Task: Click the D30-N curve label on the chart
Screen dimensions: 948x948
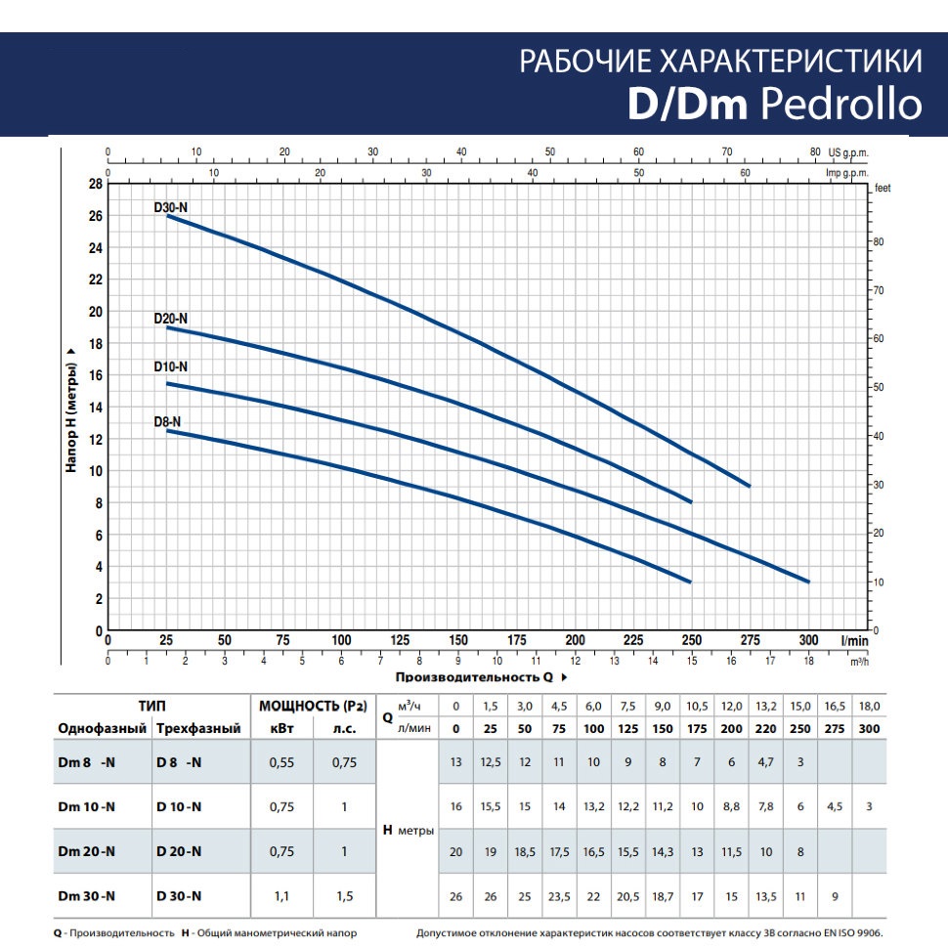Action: pyautogui.click(x=171, y=206)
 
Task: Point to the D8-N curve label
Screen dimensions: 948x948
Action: pyautogui.click(x=167, y=421)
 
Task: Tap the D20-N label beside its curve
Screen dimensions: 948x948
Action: pyautogui.click(x=171, y=319)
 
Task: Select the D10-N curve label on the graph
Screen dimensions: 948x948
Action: pyautogui.click(x=171, y=366)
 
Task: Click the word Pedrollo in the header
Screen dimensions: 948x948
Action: pyautogui.click(x=840, y=105)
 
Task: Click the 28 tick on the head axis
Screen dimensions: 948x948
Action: pyautogui.click(x=96, y=184)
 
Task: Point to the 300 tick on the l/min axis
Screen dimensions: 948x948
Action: pyautogui.click(x=808, y=640)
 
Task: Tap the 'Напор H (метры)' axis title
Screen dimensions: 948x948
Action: pyautogui.click(x=70, y=408)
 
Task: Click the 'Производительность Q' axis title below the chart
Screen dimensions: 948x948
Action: pyautogui.click(x=473, y=676)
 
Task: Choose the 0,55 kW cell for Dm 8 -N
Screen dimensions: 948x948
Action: pyautogui.click(x=281, y=763)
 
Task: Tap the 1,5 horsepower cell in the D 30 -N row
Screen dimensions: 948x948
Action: pyautogui.click(x=344, y=896)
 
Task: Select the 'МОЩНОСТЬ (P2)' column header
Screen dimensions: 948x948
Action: pyautogui.click(x=312, y=706)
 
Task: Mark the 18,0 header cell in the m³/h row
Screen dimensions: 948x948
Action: pyautogui.click(x=869, y=706)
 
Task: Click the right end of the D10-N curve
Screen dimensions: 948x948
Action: pyautogui.click(x=808, y=582)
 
